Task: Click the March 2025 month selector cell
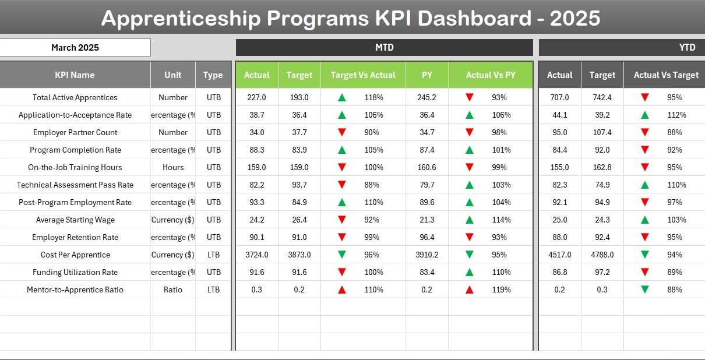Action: coord(75,48)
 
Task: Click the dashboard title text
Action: coord(351,19)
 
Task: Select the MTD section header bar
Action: coord(384,48)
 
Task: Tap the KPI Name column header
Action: coord(75,75)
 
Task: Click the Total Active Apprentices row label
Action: coord(75,98)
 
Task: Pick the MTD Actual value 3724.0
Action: coord(256,255)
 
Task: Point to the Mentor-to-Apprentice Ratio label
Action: coord(75,290)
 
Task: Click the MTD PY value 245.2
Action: coord(426,98)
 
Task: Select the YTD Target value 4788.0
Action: coord(602,255)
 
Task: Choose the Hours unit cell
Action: coord(173,168)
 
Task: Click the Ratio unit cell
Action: coord(173,290)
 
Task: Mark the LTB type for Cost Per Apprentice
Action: coord(213,255)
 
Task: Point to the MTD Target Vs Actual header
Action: coord(362,75)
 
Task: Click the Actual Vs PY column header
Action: coord(490,75)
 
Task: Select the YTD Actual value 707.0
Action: coord(559,98)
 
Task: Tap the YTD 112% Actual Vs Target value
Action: coord(676,115)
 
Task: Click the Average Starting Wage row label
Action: coord(75,220)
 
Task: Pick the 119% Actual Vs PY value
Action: coord(501,290)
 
